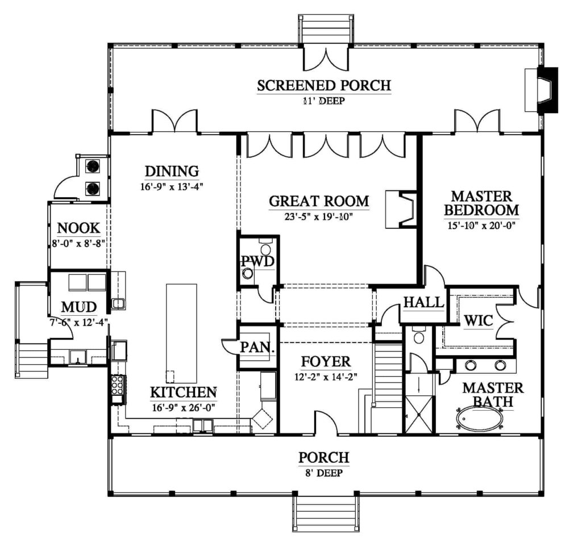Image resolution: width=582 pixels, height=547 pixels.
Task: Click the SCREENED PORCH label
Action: (324, 86)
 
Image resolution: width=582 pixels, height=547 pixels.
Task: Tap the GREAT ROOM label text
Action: (319, 201)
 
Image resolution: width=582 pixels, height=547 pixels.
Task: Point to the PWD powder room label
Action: (257, 261)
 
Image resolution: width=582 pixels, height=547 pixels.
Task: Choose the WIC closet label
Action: (478, 320)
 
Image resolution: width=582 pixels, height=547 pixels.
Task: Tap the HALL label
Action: (423, 302)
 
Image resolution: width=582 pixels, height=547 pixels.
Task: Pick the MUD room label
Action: (78, 307)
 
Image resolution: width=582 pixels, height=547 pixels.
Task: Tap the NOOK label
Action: (79, 228)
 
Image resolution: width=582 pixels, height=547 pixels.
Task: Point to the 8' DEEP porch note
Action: (324, 471)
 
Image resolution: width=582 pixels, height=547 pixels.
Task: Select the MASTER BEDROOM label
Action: (481, 203)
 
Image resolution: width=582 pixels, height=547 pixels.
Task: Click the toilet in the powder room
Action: (248, 273)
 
